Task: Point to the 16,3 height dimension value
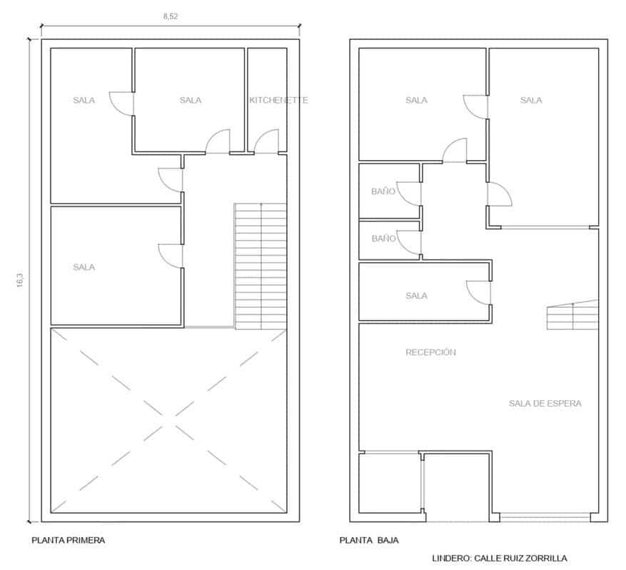[19, 280]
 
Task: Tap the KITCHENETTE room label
[278, 101]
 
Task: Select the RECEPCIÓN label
[430, 352]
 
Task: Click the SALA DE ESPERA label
[545, 404]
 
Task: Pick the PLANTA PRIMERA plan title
[68, 541]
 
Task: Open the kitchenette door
[266, 142]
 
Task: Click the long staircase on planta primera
[261, 266]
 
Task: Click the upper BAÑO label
[383, 192]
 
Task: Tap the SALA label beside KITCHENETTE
[191, 101]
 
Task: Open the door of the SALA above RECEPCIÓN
[478, 291]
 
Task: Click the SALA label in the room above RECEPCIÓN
[416, 296]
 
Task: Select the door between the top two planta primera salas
[122, 103]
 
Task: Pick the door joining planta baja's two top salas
[476, 106]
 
